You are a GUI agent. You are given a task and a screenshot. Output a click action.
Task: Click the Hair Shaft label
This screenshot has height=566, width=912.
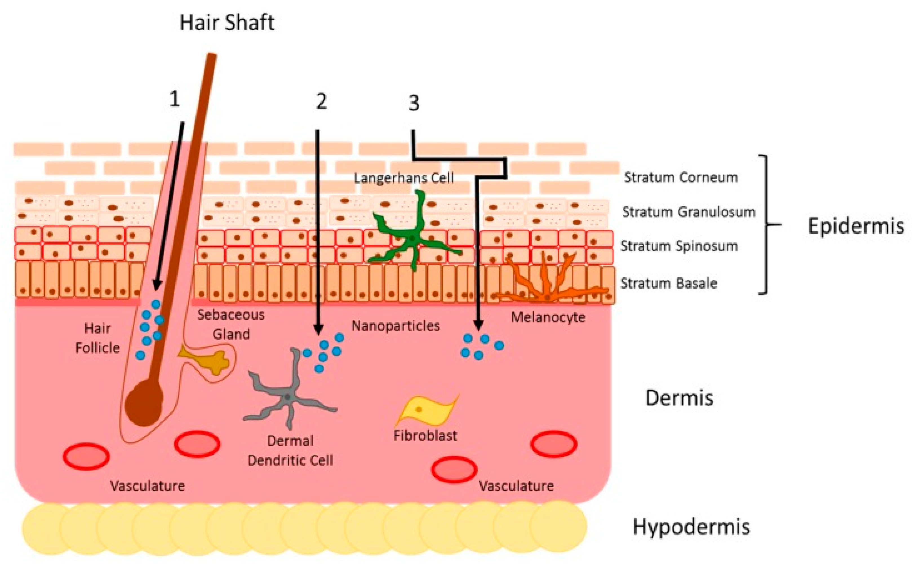coord(227,23)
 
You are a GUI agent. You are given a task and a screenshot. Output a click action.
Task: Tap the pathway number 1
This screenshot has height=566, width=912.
coord(174,99)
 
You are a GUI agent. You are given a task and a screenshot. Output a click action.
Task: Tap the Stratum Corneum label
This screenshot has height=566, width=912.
coord(680,177)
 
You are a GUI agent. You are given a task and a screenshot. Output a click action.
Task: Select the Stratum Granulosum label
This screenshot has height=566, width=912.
coord(688,212)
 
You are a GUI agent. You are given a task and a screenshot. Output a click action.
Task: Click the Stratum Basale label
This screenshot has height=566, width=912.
coord(669,283)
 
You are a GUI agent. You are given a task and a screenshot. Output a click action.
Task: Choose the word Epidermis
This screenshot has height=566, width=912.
coord(856,226)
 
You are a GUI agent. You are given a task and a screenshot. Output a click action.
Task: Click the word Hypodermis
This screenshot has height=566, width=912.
coord(691,526)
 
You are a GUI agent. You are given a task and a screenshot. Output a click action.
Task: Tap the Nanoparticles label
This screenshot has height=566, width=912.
coord(395,326)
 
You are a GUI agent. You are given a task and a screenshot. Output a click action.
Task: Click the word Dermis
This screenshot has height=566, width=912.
coord(679,397)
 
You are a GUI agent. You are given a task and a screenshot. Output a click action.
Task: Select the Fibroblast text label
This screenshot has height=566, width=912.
coord(425,435)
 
